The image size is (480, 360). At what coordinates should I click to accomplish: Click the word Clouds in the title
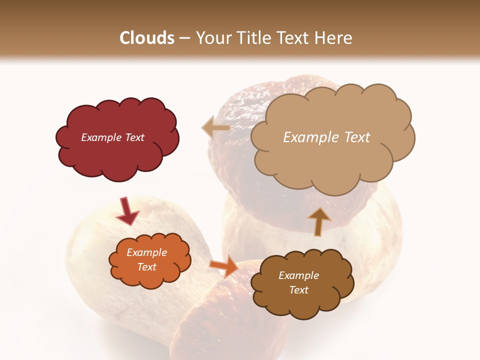pyautogui.click(x=147, y=38)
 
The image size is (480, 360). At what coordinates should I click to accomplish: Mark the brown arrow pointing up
pyautogui.click(x=318, y=221)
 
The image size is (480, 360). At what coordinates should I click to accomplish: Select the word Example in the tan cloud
pyautogui.click(x=312, y=137)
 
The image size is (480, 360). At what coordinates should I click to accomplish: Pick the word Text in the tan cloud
pyautogui.click(x=356, y=137)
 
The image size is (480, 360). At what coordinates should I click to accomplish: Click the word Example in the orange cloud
pyautogui.click(x=146, y=252)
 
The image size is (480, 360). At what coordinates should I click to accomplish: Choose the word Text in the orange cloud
pyautogui.click(x=146, y=267)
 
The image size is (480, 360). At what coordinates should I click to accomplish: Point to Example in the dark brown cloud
pyautogui.click(x=298, y=275)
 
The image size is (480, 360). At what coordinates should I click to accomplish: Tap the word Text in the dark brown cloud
pyautogui.click(x=298, y=290)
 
